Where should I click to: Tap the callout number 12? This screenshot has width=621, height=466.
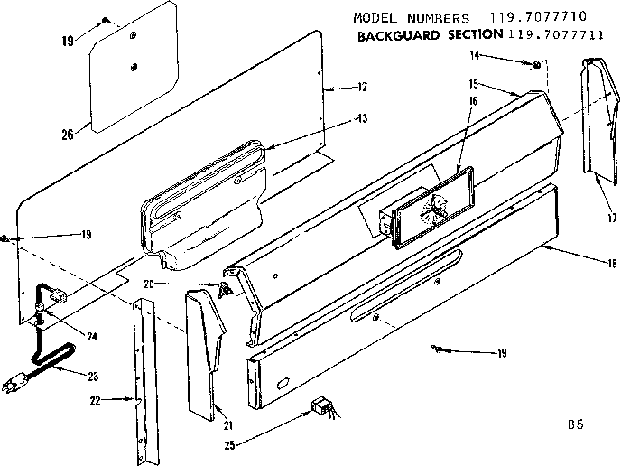pyautogui.click(x=362, y=88)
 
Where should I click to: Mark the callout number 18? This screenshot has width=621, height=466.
pyautogui.click(x=612, y=263)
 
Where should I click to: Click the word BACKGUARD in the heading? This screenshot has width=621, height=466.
pyautogui.click(x=393, y=34)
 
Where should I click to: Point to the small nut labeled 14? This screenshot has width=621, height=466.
pyautogui.click(x=535, y=63)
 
